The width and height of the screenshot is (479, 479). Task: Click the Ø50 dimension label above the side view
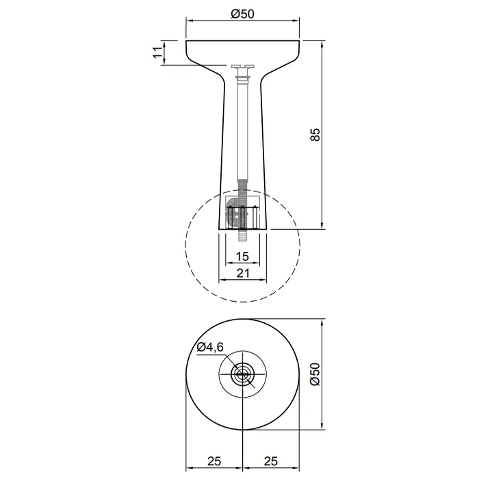coord(242,14)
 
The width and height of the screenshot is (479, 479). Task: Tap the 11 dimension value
coord(157,53)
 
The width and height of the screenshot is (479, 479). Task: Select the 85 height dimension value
coord(315,135)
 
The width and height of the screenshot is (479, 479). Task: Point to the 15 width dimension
coord(242,257)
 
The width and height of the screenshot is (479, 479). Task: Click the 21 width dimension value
coord(243,273)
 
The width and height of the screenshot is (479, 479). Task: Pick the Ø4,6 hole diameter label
coord(210,347)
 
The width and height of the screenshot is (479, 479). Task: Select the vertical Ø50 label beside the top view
coord(315,374)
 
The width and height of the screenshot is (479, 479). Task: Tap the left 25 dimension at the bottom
coord(214,461)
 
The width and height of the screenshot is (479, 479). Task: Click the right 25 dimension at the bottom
coord(271,461)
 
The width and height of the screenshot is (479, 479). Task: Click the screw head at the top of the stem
coord(243,66)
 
